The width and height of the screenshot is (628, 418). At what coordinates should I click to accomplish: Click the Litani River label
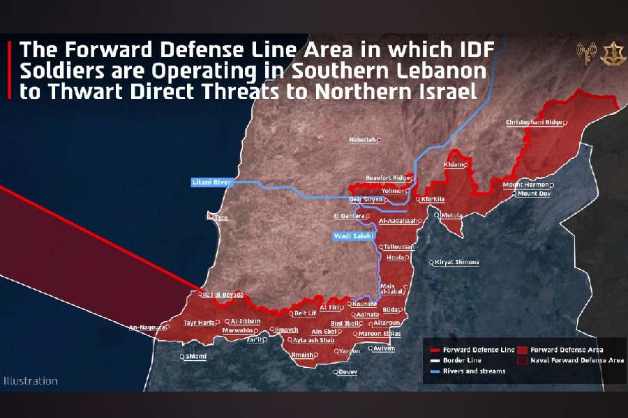point(211,183)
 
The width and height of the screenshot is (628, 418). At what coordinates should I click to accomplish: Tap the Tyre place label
point(220,218)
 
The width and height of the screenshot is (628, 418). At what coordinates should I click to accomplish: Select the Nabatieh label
point(363,140)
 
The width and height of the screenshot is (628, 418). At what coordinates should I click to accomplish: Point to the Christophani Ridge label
point(534,123)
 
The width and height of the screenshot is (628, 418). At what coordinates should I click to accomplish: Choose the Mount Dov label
point(534,194)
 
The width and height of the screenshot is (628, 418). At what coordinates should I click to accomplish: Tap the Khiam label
point(454,165)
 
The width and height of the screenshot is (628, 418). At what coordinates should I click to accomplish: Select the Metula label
point(452,215)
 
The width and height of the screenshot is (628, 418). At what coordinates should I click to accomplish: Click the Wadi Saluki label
point(352,237)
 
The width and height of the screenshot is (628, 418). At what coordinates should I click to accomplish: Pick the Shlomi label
point(195,357)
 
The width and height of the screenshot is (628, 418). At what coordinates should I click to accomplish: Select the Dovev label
point(347,371)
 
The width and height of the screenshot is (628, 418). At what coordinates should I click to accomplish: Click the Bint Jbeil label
point(345,324)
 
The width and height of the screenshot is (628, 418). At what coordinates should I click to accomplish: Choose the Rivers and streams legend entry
point(474,371)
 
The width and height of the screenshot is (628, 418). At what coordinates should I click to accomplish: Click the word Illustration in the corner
point(31,381)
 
